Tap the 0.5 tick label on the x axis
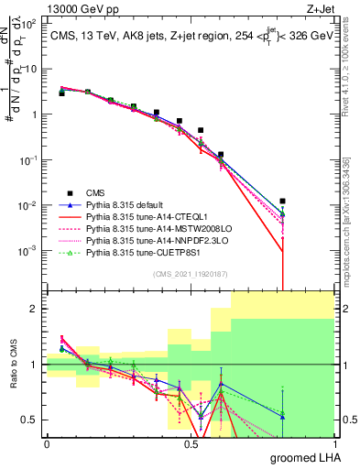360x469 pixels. point(191,443)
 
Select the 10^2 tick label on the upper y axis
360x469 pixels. point(28,25)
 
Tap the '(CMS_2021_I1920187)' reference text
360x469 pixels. point(190,274)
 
